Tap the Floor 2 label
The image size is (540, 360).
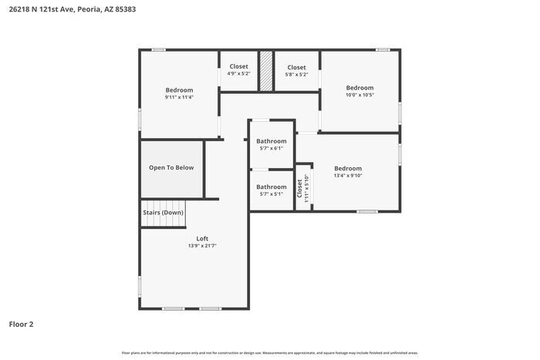(21, 325)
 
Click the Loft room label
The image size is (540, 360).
(202, 238)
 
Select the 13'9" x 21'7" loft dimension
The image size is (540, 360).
(202, 246)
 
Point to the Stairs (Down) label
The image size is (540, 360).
(163, 212)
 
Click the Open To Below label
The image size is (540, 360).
(171, 167)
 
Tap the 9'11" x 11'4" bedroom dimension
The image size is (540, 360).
(179, 97)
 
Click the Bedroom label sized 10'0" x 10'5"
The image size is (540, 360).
(359, 88)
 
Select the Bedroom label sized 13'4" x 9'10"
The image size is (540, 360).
(348, 168)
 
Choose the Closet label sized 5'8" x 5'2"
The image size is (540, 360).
(296, 68)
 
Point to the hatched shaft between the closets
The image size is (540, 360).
(266, 72)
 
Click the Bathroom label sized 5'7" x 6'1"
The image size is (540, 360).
(272, 141)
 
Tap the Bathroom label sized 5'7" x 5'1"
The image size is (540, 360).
(272, 187)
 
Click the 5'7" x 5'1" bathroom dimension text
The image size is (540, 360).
(272, 194)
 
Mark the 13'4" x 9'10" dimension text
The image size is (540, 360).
(348, 176)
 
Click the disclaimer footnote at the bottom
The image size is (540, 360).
(269, 352)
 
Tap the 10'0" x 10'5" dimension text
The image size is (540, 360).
(359, 96)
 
